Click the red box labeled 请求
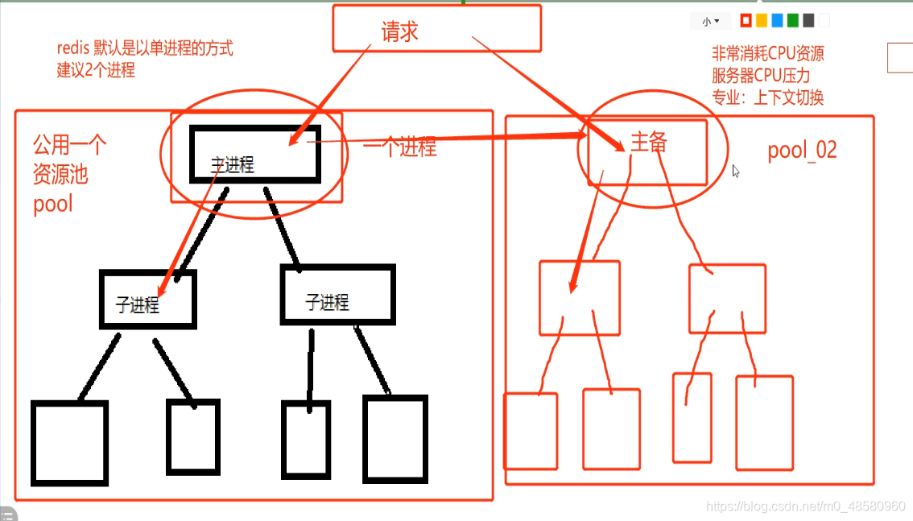[436, 30]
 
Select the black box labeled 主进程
[254, 153]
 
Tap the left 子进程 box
[148, 299]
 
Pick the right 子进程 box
[337, 294]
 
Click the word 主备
[648, 143]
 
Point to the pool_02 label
[802, 151]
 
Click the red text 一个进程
[400, 147]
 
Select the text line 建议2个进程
[96, 70]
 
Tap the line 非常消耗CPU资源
[767, 54]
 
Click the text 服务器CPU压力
[761, 76]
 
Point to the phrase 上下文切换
[788, 97]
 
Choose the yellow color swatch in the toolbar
[761, 21]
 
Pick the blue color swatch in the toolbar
[777, 21]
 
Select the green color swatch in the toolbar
[793, 21]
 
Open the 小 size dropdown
[710, 22]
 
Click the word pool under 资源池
[53, 204]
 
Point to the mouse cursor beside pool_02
[736, 171]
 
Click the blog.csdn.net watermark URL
[804, 506]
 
